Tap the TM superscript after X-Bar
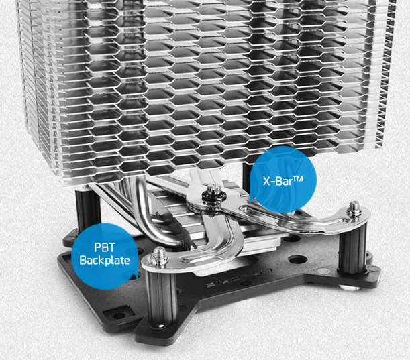point(298,179)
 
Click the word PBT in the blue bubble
point(104,247)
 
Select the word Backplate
point(105,260)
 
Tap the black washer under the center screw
point(212,196)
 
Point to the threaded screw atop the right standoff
point(354,208)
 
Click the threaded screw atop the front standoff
point(158,255)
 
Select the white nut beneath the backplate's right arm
point(350,288)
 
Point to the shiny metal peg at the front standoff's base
point(161,326)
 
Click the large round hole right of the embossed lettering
point(297,260)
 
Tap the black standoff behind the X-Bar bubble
point(246,178)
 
